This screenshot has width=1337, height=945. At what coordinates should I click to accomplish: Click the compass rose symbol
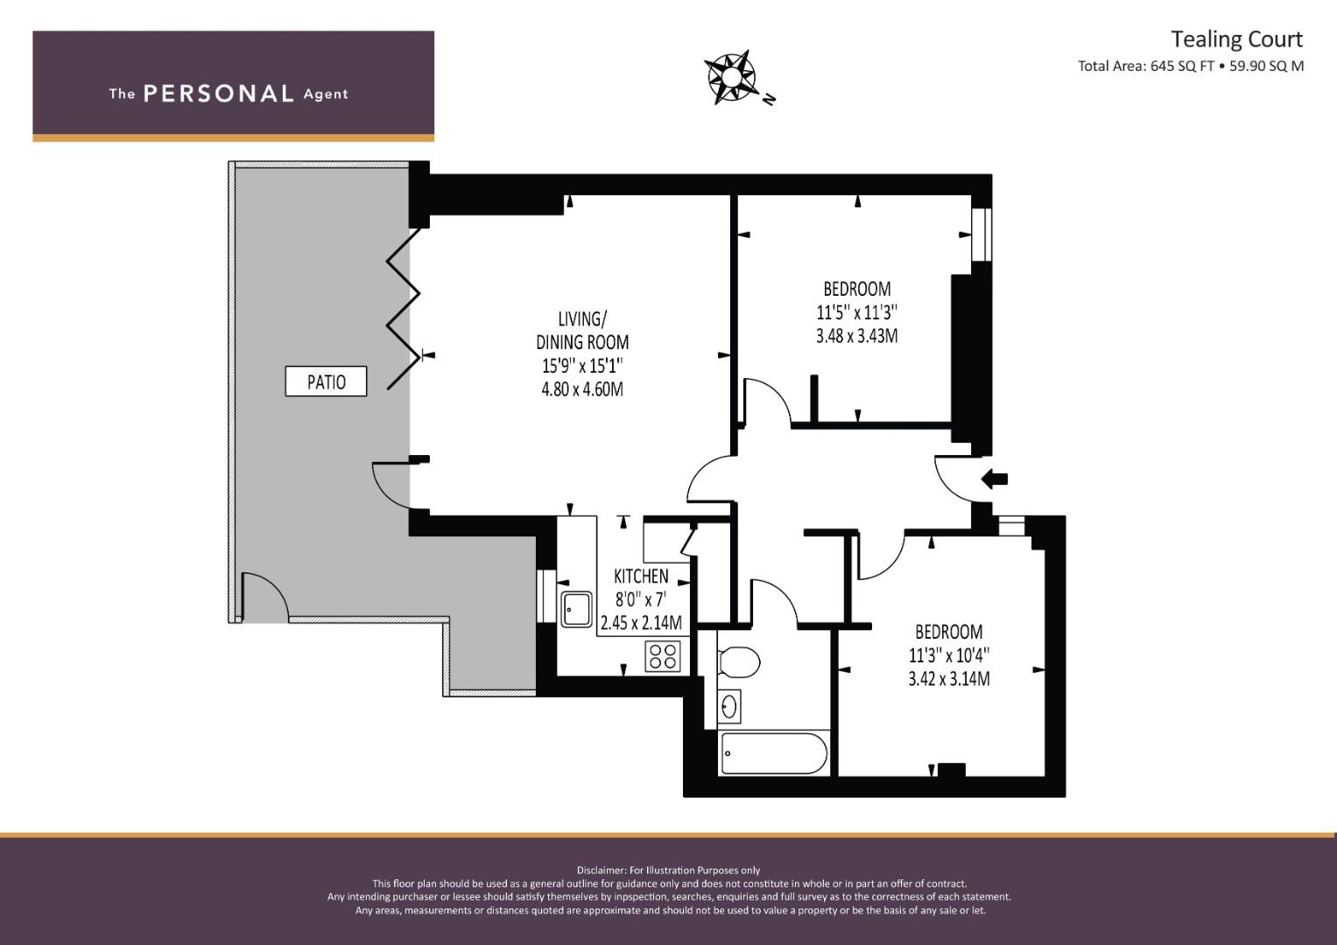(x=730, y=78)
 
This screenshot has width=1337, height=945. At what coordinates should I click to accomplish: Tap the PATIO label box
(x=326, y=381)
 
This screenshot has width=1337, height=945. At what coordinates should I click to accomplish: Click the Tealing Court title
(x=1236, y=39)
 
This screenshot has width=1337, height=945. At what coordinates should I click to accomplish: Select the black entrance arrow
(x=995, y=479)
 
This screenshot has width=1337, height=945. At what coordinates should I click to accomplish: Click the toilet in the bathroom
(x=738, y=662)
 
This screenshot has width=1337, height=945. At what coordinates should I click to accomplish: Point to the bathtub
(x=773, y=753)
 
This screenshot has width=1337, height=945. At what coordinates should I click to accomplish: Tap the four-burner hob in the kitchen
(x=663, y=656)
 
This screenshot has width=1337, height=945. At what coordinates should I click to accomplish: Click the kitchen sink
(x=577, y=609)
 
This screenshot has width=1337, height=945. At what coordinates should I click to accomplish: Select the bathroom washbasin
(x=728, y=707)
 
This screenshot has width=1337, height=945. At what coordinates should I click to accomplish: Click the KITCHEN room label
(x=641, y=577)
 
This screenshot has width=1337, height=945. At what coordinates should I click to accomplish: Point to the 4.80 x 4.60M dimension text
(x=582, y=389)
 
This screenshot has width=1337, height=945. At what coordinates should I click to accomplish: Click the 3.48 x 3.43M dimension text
(x=856, y=336)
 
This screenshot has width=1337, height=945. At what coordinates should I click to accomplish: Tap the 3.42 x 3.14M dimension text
(x=949, y=679)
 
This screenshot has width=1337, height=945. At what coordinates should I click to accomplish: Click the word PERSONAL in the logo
(x=219, y=94)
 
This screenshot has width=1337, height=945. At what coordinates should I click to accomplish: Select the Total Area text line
(x=1191, y=66)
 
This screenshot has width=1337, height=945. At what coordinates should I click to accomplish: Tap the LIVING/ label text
(x=582, y=319)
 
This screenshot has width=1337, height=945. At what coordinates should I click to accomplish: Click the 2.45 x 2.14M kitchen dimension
(x=641, y=623)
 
